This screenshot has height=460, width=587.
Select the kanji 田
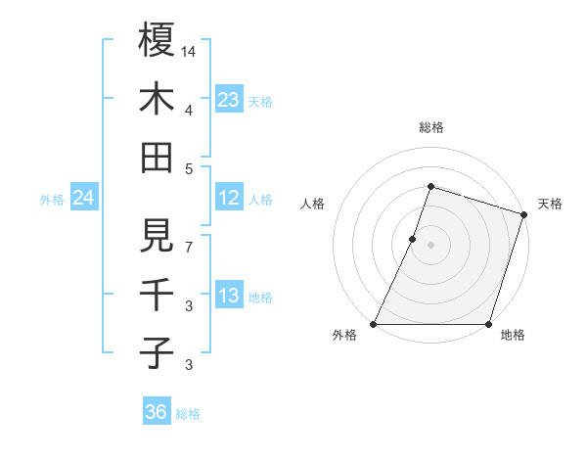click(157, 157)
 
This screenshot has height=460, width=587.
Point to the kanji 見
click(157, 235)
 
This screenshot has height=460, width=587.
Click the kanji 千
click(157, 294)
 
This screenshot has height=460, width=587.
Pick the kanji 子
click(157, 352)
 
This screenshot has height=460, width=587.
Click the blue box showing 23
click(229, 100)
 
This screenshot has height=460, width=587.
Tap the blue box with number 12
click(229, 199)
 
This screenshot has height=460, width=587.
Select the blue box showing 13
click(229, 297)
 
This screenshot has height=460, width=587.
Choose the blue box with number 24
click(84, 199)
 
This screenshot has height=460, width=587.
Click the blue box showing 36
click(157, 412)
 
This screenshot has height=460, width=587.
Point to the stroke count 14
click(189, 50)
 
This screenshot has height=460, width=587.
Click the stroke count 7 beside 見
click(189, 247)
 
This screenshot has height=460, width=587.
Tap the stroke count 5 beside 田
click(189, 167)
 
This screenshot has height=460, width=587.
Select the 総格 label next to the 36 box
click(189, 413)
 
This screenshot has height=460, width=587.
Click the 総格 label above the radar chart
click(430, 127)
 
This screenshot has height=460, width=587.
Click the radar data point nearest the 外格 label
click(374, 323)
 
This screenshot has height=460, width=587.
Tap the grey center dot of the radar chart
click(430, 245)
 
